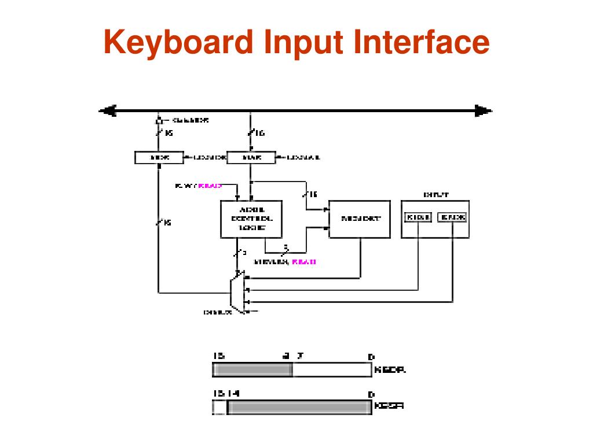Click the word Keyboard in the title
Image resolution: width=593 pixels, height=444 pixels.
click(177, 44)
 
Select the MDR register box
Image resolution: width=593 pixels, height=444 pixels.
click(159, 157)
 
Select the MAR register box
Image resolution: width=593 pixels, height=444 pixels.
click(250, 157)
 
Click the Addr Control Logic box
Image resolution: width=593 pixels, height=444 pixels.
click(251, 219)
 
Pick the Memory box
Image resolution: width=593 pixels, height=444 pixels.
click(361, 219)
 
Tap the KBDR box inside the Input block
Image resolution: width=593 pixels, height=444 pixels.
click(418, 217)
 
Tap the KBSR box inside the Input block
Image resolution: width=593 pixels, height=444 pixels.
click(452, 217)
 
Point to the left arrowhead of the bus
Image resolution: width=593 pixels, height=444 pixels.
click(107, 110)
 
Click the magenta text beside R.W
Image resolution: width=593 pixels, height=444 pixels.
click(210, 186)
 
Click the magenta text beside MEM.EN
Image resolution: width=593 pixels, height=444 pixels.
click(303, 262)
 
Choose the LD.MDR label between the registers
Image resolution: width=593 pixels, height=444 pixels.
click(205, 157)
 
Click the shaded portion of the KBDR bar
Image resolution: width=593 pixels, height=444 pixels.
click(252, 370)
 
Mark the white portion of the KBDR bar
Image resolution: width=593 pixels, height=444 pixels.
click(331, 370)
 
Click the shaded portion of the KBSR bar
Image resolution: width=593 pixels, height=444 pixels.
click(299, 408)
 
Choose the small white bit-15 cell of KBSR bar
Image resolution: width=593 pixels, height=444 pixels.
click(219, 408)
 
